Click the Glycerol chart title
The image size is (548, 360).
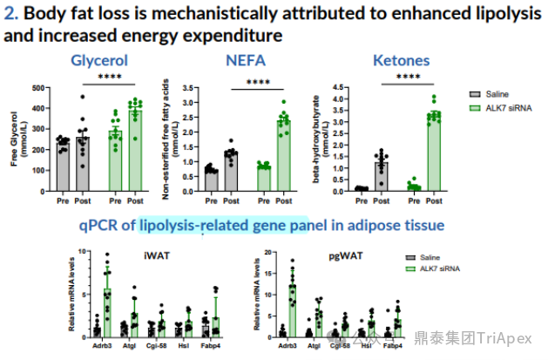point(98,61)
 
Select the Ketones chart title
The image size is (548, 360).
point(401,61)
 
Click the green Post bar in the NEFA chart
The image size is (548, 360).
point(283,155)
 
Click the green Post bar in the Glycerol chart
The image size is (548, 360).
point(134,147)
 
